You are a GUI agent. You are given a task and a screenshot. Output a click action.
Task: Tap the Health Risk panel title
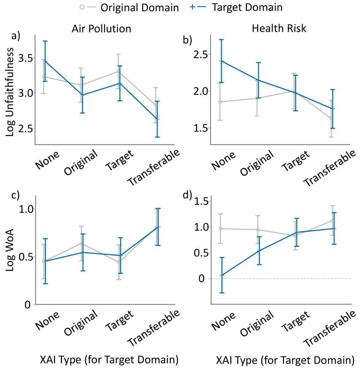(x=279, y=29)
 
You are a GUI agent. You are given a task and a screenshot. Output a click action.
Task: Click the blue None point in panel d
(x=222, y=275)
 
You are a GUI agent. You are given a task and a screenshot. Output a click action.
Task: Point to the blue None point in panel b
(x=222, y=61)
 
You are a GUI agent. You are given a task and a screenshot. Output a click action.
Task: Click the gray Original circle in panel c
(x=81, y=244)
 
